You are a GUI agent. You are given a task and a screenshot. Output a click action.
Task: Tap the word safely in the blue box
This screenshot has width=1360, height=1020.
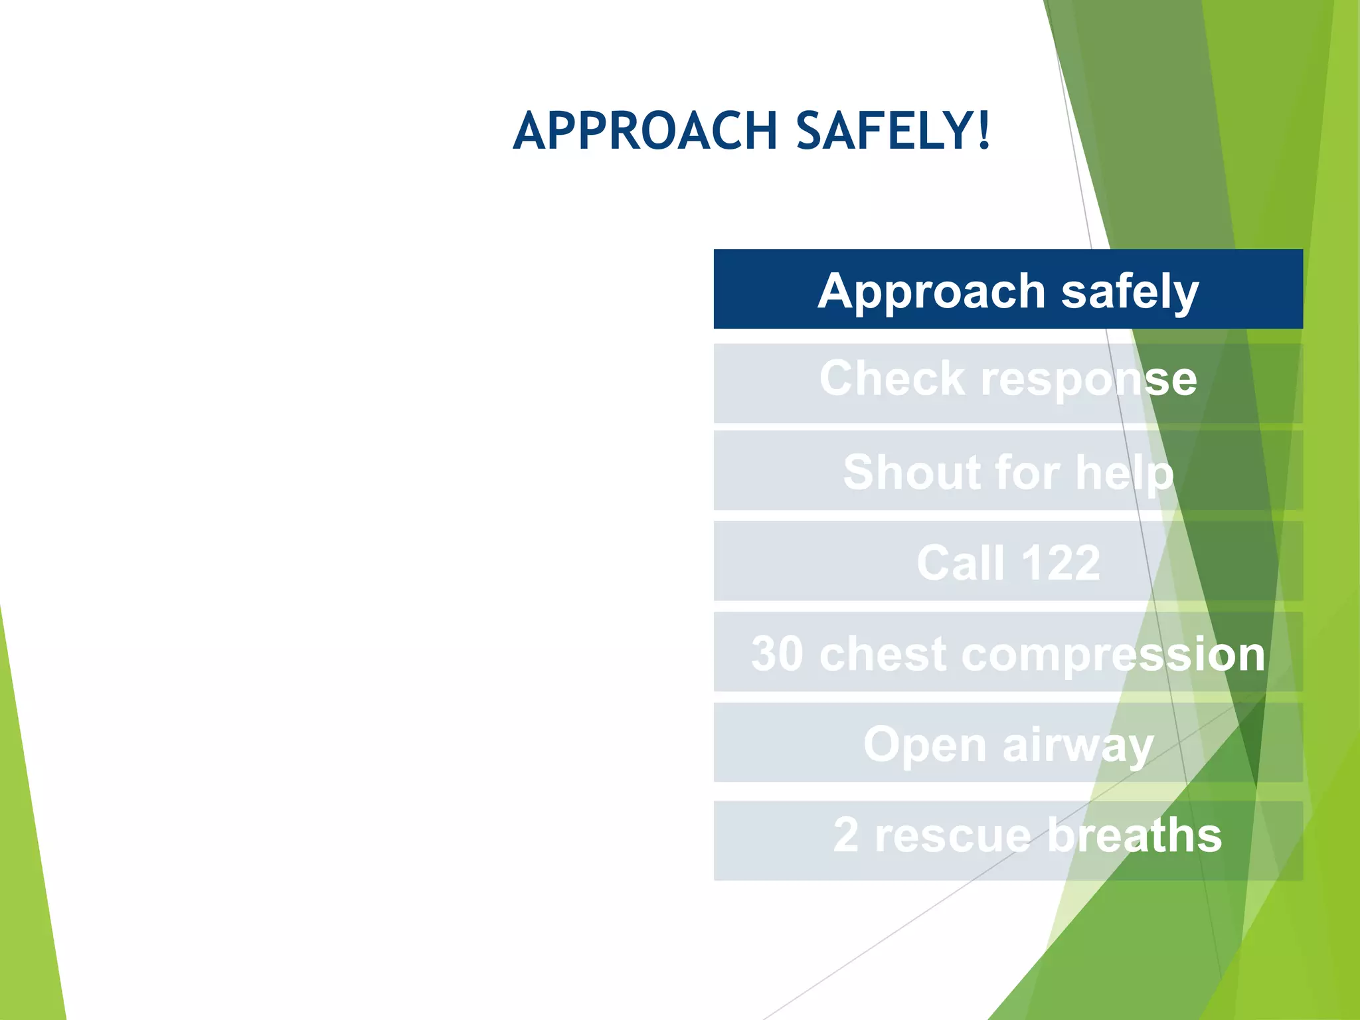tap(1130, 292)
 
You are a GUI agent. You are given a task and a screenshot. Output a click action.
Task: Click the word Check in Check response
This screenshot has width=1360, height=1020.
tap(892, 379)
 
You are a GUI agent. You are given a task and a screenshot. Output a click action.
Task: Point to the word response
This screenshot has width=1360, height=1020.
tap(1089, 380)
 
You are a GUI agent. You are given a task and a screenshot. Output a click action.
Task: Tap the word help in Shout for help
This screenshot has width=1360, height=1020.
tap(1124, 473)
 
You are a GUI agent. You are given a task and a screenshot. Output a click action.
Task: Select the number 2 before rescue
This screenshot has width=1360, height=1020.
tap(845, 835)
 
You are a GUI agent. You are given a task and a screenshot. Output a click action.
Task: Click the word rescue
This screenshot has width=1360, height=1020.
tap(952, 836)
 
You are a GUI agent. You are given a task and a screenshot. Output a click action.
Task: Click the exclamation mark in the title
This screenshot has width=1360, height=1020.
tap(984, 130)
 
